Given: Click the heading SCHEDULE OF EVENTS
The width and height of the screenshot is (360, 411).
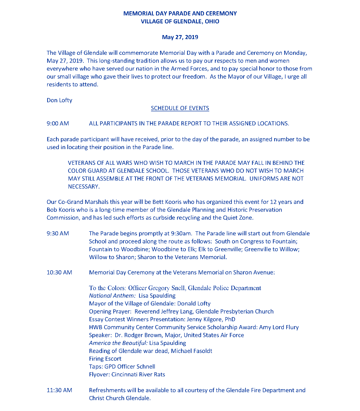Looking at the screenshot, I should [180, 108].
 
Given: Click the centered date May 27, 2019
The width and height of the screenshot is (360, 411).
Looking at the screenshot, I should [180, 37].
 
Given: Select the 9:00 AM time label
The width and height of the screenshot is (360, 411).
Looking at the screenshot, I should [58, 123].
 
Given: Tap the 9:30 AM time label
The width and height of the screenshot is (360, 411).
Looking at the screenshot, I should [58, 233].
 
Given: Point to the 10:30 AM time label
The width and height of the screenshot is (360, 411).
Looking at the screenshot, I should [59, 272].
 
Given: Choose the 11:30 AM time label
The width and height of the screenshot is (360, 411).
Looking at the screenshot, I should [59, 390].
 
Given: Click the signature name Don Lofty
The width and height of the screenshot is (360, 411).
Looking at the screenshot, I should [59, 100].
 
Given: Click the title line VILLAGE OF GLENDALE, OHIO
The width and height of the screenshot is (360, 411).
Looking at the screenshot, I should [180, 21].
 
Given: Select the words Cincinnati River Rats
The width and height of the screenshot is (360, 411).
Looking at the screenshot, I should [138, 374].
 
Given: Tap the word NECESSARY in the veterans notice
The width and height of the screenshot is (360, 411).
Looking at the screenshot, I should [83, 187].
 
